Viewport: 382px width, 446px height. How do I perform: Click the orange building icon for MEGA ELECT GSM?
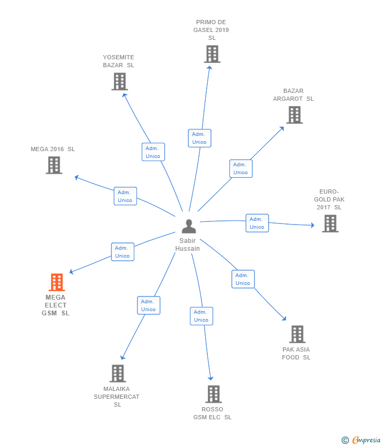pyautogui.click(x=57, y=282)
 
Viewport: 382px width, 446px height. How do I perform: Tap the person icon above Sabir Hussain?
pyautogui.click(x=189, y=226)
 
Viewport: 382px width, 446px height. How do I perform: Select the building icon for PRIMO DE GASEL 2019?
pyautogui.click(x=212, y=54)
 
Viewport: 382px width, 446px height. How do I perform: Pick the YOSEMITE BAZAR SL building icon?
pyautogui.click(x=120, y=81)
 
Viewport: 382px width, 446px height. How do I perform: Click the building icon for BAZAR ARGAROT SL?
pyautogui.click(x=294, y=115)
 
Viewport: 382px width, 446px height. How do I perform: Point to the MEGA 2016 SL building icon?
pyautogui.click(x=54, y=165)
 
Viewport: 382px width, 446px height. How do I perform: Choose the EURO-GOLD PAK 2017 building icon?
pyautogui.click(x=330, y=224)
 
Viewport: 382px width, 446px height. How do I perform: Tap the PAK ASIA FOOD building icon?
pyautogui.click(x=297, y=334)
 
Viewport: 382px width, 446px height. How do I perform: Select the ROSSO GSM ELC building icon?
pyautogui.click(x=213, y=394)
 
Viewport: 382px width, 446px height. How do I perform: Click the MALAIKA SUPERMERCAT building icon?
pyautogui.click(x=118, y=374)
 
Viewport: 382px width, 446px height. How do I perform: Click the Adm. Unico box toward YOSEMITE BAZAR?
pyautogui.click(x=153, y=152)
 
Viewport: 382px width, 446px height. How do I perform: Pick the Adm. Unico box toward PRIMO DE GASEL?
pyautogui.click(x=199, y=138)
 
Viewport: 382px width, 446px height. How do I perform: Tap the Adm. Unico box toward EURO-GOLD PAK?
pyautogui.click(x=257, y=223)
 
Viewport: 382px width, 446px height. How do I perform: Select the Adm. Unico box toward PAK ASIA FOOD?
pyautogui.click(x=243, y=279)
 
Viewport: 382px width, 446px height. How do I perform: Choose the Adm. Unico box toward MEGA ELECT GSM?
pyautogui.click(x=122, y=252)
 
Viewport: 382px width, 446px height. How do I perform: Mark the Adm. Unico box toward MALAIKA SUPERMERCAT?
pyautogui.click(x=148, y=305)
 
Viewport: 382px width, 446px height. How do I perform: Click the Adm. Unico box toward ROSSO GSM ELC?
pyautogui.click(x=201, y=316)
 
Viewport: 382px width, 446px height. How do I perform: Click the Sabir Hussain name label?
pyautogui.click(x=188, y=245)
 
